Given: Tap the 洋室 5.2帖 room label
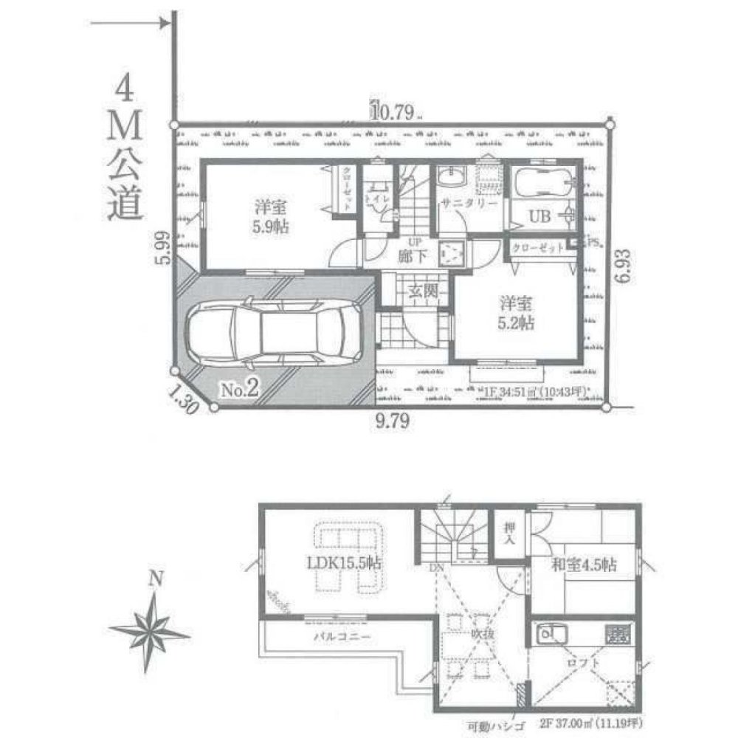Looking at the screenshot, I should pos(516,313).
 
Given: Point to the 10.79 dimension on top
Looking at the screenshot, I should pos(396,112).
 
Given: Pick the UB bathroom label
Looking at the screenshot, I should pos(537,216).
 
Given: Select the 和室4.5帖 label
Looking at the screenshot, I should pos(584,565).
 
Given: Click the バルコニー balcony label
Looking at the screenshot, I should pos(339,635).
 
